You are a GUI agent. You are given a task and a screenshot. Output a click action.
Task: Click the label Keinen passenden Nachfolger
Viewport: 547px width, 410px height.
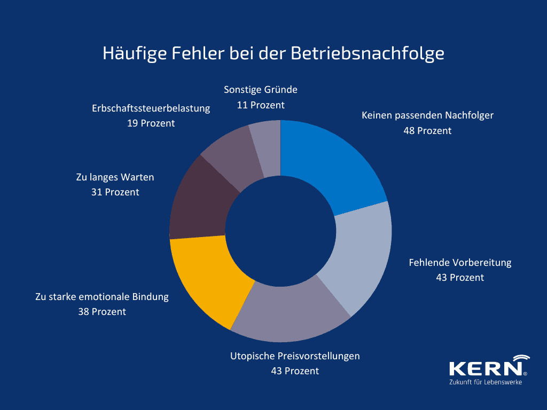tap(427, 115)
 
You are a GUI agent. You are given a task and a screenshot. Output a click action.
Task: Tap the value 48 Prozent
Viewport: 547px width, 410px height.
tap(427, 131)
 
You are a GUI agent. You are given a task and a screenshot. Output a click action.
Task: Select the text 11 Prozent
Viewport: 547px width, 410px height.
tap(261, 105)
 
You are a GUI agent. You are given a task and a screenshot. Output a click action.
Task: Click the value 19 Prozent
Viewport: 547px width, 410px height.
tap(151, 123)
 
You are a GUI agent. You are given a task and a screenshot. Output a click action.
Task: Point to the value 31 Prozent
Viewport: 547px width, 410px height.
tap(115, 192)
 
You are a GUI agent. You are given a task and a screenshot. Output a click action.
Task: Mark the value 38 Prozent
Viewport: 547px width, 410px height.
tap(102, 312)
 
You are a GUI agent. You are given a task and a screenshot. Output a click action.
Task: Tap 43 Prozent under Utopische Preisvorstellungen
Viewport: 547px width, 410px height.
tap(295, 371)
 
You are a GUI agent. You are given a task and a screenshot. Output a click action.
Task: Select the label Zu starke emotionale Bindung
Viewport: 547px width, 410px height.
tap(102, 296)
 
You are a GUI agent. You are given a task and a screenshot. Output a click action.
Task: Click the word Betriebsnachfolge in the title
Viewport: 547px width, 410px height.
tap(368, 54)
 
